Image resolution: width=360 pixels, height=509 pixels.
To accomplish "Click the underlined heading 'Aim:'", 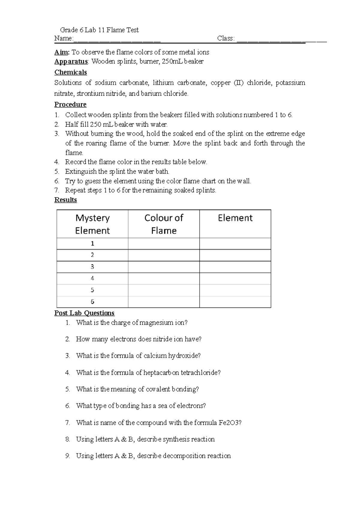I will (62, 52).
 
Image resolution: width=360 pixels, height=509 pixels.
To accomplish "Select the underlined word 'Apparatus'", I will (71, 62).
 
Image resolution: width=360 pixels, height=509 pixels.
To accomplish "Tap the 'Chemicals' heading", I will (70, 72).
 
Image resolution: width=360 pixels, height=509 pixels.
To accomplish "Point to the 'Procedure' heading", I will (70, 104).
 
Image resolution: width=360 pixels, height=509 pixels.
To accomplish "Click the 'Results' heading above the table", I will (65, 200).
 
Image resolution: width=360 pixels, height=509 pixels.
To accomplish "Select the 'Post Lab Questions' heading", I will (84, 313).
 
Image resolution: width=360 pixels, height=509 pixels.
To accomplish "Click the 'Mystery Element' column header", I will (92, 224).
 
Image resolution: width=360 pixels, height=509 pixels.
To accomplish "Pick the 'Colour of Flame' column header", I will (163, 224).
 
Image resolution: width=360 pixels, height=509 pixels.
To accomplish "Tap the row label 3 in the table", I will (92, 267).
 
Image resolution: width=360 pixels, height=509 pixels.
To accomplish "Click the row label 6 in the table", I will (92, 302).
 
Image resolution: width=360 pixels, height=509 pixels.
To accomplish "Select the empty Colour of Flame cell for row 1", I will (163, 244).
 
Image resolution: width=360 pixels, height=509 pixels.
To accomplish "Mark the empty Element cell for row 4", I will (235, 279).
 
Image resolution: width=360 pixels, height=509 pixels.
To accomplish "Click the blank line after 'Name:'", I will (117, 39).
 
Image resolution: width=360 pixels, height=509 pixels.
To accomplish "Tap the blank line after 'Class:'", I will (281, 39).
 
